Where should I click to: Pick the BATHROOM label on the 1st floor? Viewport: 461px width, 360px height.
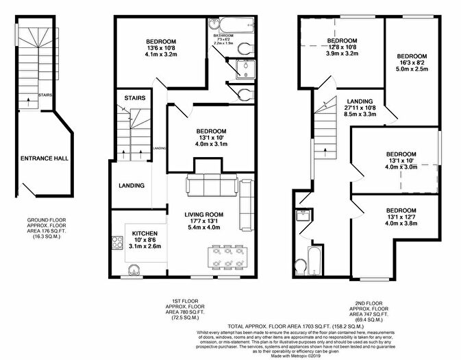click(224, 35)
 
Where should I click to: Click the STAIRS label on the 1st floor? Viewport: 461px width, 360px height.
click(134, 99)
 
